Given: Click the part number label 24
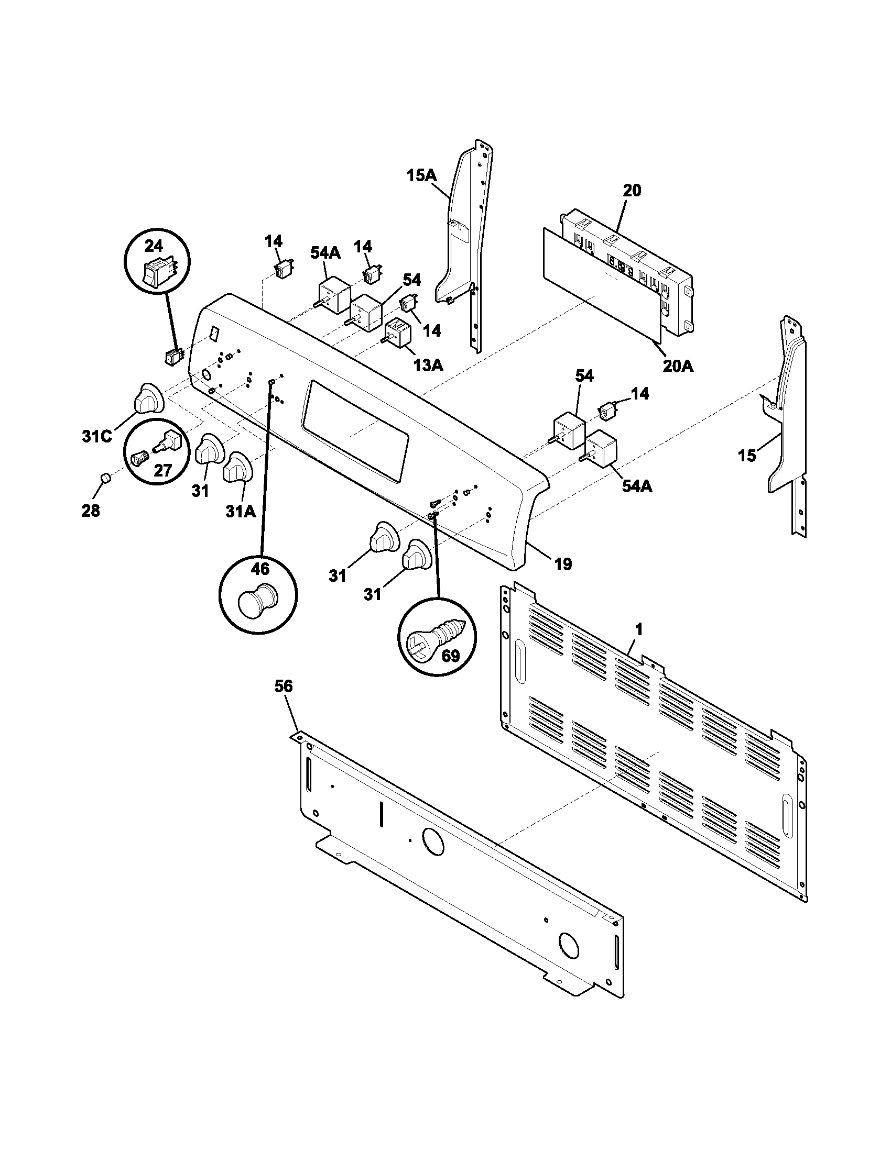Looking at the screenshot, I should click(x=154, y=246).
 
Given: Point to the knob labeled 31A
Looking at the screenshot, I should click(x=238, y=466).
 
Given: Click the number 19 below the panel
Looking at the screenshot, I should click(x=563, y=564).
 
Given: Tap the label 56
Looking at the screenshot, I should click(x=284, y=686).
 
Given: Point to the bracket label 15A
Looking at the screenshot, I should click(x=422, y=175).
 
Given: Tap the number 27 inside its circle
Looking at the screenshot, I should click(x=162, y=470).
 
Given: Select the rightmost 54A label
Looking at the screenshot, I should click(x=636, y=486).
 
